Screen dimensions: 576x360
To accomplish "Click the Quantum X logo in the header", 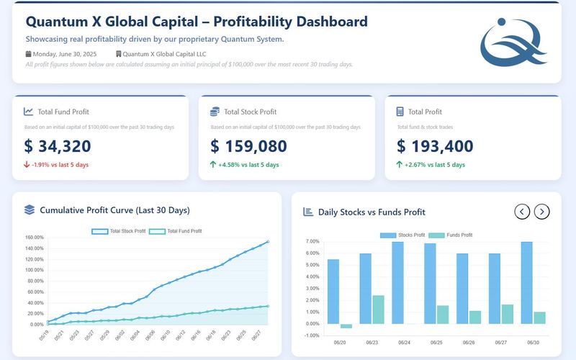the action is click(513, 42).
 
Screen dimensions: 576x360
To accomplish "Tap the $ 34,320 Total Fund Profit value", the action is click(58, 146).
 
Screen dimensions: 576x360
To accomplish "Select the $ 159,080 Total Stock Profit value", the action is click(248, 146).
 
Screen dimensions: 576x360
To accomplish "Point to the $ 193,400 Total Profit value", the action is click(435, 146).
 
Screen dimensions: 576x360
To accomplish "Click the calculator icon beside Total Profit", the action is click(400, 112).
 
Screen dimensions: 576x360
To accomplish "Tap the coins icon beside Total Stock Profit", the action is click(215, 112).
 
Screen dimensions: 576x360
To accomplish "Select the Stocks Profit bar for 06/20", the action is click(333, 292).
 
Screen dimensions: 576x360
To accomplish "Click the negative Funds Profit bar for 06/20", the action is click(346, 326).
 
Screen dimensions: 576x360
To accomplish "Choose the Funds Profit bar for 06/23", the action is click(379, 310).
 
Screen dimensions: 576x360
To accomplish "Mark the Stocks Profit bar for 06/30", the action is click(527, 283).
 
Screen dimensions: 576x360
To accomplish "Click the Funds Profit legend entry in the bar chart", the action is click(451, 235).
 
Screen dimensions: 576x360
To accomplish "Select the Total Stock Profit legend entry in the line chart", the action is click(119, 231).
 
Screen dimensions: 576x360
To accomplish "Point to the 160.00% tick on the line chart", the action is click(35, 238).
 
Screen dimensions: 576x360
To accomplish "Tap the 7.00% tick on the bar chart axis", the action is click(312, 242).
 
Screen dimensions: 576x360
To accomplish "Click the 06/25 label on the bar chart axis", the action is click(436, 343).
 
